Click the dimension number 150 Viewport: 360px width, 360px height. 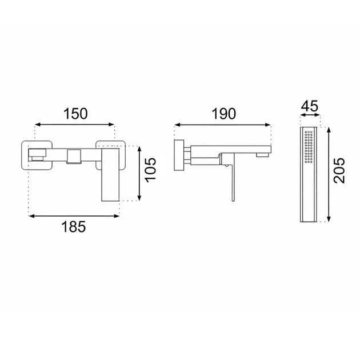click(x=75, y=114)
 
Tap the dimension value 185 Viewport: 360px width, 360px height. click(x=74, y=227)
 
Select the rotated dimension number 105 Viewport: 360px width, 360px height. click(x=151, y=170)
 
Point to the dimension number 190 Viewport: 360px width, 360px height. click(x=223, y=114)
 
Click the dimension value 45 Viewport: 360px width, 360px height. click(x=310, y=106)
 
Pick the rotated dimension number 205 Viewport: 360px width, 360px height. click(x=339, y=170)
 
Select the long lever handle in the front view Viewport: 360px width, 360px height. click(x=110, y=174)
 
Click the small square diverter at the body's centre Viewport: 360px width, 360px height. click(x=74, y=157)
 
